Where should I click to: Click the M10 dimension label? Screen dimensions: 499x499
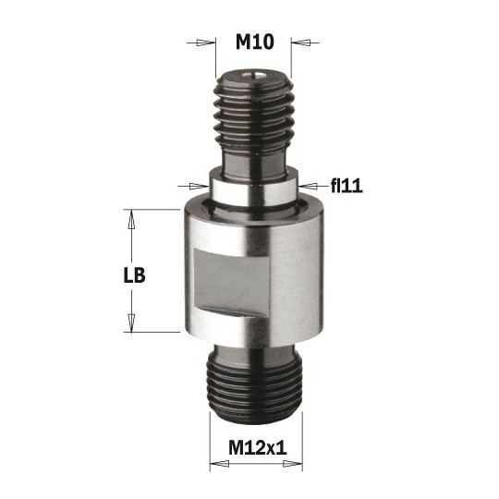(x=254, y=43)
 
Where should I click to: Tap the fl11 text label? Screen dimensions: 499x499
(x=345, y=186)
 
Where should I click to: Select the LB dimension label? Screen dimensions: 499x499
(x=135, y=275)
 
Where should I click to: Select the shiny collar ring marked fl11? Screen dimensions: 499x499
(x=252, y=189)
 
